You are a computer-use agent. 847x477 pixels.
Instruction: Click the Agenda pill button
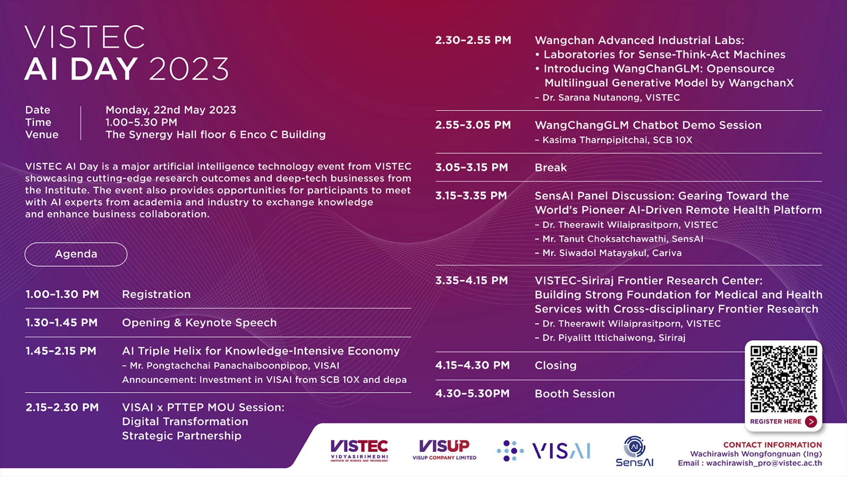point(76,254)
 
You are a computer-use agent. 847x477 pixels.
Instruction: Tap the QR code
point(784,379)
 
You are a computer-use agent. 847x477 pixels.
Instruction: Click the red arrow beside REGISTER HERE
point(811,422)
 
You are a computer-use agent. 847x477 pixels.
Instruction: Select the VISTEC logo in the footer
point(359,450)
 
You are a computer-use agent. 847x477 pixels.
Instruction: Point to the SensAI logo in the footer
point(634,451)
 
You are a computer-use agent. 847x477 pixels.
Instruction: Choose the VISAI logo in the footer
point(544,450)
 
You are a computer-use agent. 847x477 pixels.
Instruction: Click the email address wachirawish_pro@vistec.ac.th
point(764,463)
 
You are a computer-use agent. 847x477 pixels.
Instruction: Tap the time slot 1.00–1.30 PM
point(62,294)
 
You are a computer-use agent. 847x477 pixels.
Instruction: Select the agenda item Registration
point(156,294)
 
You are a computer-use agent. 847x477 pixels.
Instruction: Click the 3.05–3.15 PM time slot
point(471,168)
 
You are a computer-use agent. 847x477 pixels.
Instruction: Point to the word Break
point(551,168)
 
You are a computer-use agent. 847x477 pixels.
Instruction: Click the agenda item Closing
point(555,365)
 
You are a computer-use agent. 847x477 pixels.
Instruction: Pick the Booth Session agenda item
point(575,394)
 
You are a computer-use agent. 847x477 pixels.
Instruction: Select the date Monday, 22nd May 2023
point(171,110)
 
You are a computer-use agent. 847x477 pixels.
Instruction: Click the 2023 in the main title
point(189,69)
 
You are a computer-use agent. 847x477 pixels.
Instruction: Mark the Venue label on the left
point(42,135)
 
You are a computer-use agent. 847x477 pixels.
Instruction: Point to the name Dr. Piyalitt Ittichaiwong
point(598,338)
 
